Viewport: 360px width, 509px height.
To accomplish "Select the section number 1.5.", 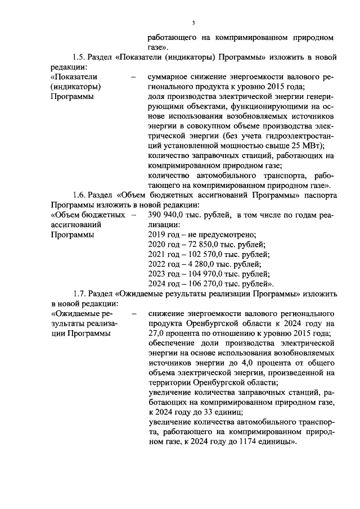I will (79, 57).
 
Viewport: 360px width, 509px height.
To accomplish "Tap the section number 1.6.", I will (79, 195).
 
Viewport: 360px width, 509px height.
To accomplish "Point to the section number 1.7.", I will (79, 294).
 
